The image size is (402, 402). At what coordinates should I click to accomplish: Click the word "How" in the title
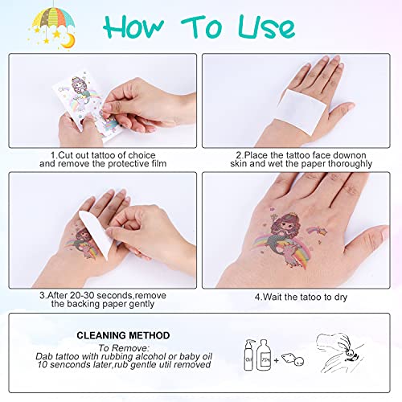point(133,27)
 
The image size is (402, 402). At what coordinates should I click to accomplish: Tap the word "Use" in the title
point(267,27)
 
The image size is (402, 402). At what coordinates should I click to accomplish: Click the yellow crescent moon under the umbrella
point(68,40)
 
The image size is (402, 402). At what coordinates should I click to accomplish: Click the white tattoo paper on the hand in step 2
point(303,111)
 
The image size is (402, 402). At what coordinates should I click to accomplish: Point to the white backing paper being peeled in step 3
point(96,235)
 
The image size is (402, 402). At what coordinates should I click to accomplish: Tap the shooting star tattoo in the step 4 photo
point(317,231)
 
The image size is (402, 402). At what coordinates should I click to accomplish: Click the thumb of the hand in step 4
point(367,241)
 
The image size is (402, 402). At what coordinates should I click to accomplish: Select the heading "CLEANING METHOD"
point(123,335)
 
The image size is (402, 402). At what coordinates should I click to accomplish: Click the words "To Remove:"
point(124,348)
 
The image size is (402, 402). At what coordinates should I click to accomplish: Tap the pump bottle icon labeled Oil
point(248,355)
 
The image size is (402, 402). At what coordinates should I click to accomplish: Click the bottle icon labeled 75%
point(264,355)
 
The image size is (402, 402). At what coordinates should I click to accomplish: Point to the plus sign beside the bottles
point(276,360)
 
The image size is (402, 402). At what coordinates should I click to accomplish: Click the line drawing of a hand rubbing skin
point(340,352)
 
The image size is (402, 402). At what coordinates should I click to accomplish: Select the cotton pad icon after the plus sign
point(293,359)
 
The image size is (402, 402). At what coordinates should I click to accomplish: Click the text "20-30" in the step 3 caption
point(81,295)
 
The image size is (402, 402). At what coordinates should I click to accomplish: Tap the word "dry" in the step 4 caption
point(341,297)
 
